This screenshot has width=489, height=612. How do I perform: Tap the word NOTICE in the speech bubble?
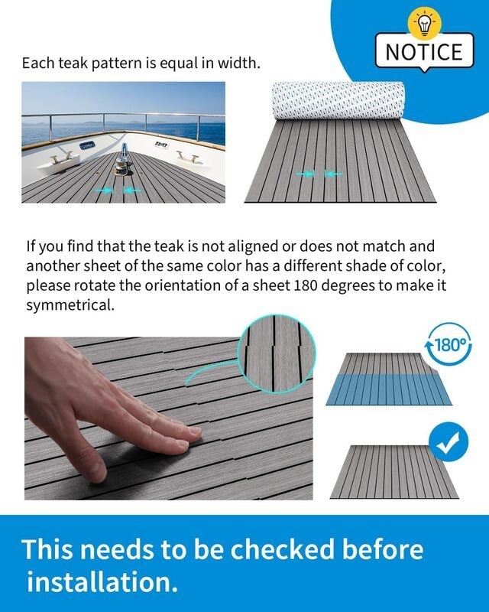424,51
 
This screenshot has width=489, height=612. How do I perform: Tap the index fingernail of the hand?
193,435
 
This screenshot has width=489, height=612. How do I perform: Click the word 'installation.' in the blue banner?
102,581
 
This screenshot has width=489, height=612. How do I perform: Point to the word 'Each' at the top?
37,63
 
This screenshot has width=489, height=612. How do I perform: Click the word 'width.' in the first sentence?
240,63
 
